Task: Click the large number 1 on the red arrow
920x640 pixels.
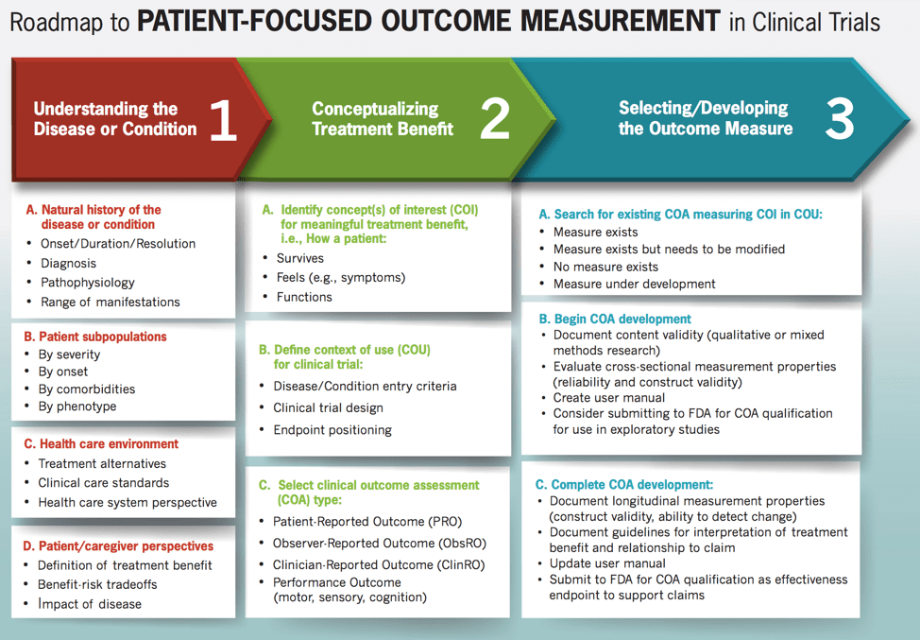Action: (223, 120)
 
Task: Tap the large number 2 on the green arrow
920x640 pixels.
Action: (494, 120)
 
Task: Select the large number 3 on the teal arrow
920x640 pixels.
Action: (839, 119)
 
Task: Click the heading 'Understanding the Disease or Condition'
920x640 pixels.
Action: (114, 119)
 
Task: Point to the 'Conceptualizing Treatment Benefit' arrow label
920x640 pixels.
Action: (383, 119)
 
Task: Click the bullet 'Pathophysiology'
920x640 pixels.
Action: (87, 283)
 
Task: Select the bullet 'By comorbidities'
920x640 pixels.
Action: (86, 389)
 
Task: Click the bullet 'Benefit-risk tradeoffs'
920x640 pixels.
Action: (97, 584)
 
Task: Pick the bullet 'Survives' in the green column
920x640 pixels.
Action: (299, 258)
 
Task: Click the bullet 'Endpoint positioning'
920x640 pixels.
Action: (332, 430)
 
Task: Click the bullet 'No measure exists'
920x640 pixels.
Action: (605, 267)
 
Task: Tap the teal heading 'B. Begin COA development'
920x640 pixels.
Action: (615, 319)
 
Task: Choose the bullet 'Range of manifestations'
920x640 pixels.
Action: (110, 303)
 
